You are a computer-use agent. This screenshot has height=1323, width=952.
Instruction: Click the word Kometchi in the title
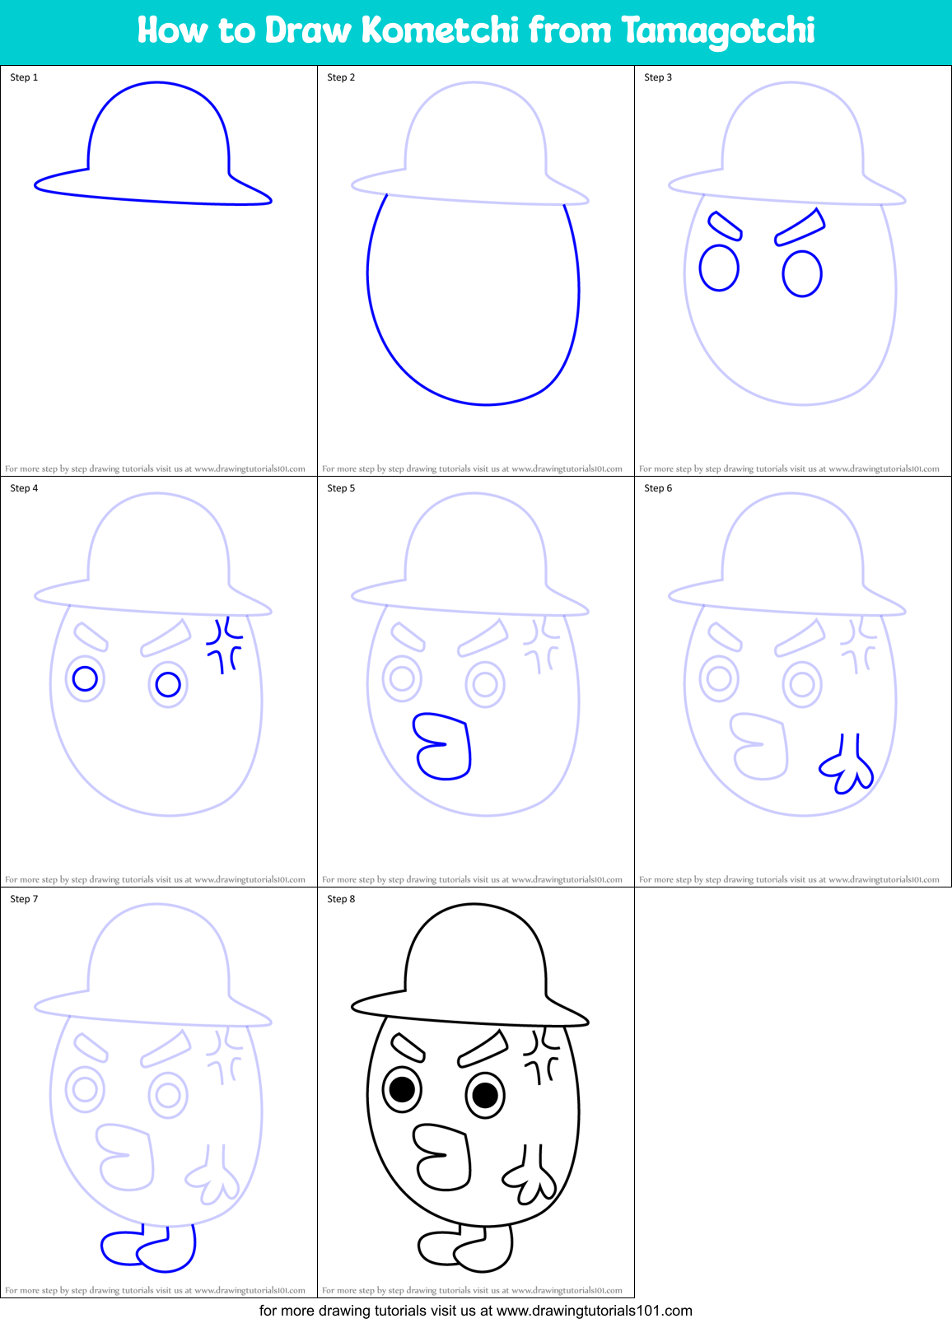point(440,30)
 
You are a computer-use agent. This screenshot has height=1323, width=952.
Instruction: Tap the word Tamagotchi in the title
point(717,31)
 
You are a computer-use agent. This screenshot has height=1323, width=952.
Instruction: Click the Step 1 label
point(24,77)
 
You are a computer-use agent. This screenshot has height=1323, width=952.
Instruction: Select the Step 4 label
point(24,488)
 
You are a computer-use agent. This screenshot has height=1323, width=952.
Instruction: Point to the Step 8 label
point(341,899)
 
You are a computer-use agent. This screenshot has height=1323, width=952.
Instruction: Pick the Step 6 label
point(658,488)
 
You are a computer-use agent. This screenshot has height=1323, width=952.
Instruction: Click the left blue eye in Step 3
point(719,268)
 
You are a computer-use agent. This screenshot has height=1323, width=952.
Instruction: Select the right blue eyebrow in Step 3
point(800,228)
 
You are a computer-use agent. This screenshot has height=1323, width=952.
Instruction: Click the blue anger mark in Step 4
point(224,645)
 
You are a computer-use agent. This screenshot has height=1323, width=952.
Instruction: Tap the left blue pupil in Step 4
point(85,678)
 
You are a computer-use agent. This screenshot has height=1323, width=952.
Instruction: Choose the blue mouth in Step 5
point(443,746)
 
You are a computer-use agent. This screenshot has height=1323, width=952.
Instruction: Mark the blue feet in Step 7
point(148,1249)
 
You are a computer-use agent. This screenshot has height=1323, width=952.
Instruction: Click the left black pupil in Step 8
point(402,1089)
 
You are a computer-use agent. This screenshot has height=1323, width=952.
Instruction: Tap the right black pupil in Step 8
point(485,1095)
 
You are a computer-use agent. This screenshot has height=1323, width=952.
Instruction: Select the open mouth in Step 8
point(443,1157)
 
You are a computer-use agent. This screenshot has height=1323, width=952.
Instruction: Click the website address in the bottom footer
point(594,1310)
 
